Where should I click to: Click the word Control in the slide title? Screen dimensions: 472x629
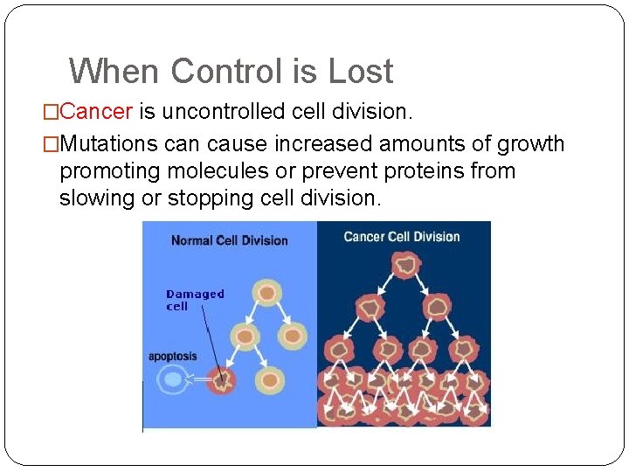tap(230, 71)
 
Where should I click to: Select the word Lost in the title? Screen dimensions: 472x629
tap(361, 71)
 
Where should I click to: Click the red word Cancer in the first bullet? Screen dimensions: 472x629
tap(97, 112)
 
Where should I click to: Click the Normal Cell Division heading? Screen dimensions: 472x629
tap(229, 240)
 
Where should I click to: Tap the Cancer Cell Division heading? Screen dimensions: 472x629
tap(402, 237)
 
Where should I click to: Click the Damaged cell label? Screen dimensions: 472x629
tap(195, 300)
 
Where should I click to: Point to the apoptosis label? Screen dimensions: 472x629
tap(173, 357)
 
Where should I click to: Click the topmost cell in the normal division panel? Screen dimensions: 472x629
tap(267, 293)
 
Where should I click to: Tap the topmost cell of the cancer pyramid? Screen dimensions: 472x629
tap(404, 264)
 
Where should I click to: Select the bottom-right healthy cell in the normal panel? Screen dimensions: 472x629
tap(272, 380)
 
